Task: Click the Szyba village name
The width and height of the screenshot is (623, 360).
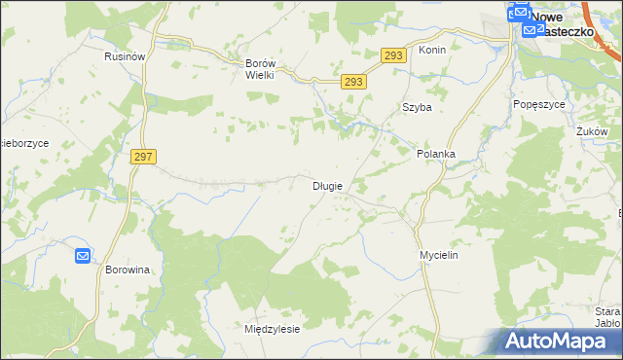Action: click(x=417, y=108)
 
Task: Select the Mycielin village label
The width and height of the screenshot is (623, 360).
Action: click(x=439, y=254)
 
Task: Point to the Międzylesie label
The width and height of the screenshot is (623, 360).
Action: click(x=272, y=329)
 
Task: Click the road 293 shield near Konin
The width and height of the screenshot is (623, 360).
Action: click(x=392, y=56)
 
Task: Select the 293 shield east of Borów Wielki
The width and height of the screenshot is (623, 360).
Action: click(x=354, y=83)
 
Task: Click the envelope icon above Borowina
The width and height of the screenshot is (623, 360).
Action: click(x=83, y=256)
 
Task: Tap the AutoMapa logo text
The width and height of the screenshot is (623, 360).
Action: click(x=569, y=342)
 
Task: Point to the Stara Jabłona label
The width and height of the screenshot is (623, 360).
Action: click(x=607, y=318)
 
